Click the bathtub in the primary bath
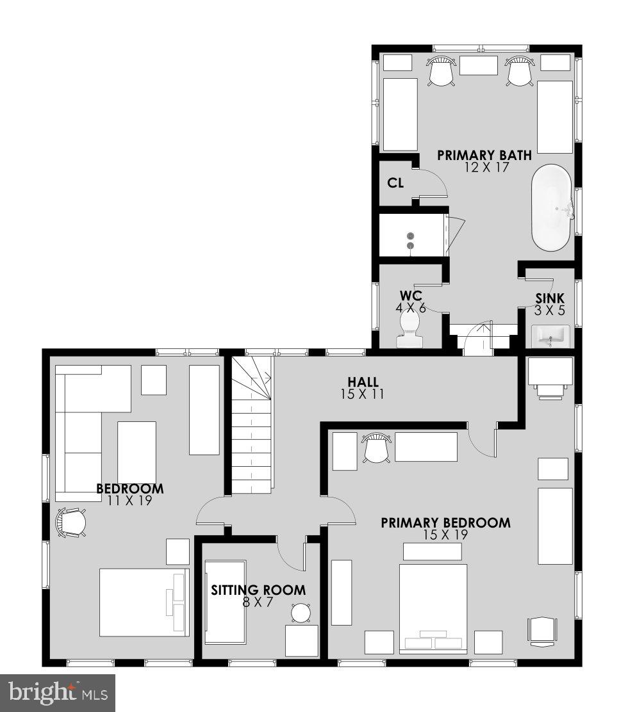pyautogui.click(x=550, y=207)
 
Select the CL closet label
pyautogui.click(x=395, y=183)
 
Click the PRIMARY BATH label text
pyautogui.click(x=484, y=155)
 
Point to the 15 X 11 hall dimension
pyautogui.click(x=363, y=394)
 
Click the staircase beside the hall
pyautogui.click(x=252, y=429)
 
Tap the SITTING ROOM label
pyautogui.click(x=258, y=590)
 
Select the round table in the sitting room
pyautogui.click(x=301, y=613)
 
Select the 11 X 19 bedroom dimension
pyautogui.click(x=129, y=501)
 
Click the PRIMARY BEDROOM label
pyautogui.click(x=445, y=523)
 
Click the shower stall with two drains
pyautogui.click(x=411, y=237)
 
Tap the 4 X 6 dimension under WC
pyautogui.click(x=411, y=308)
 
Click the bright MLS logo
pyautogui.click(x=58, y=692)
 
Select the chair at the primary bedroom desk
pyautogui.click(x=376, y=448)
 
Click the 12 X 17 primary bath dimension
pyautogui.click(x=484, y=167)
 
